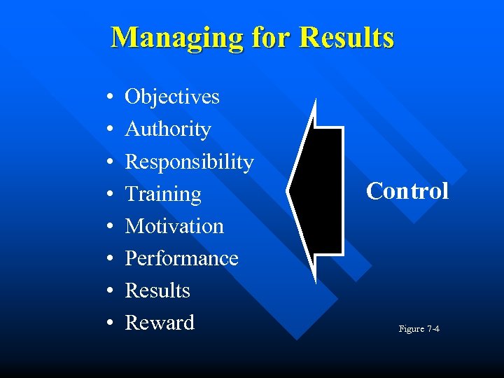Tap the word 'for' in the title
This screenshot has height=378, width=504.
click(x=269, y=37)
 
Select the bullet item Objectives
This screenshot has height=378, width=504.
click(x=172, y=97)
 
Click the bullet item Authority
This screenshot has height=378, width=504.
click(x=168, y=129)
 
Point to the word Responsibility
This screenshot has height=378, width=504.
click(x=189, y=162)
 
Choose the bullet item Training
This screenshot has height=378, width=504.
click(x=163, y=194)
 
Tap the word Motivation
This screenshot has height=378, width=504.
click(x=174, y=226)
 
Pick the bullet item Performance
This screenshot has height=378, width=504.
click(x=181, y=258)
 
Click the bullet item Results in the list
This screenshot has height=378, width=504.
click(x=157, y=290)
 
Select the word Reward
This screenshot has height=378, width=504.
click(x=160, y=323)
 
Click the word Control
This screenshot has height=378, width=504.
click(x=407, y=191)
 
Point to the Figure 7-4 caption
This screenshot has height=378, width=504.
click(x=419, y=328)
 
